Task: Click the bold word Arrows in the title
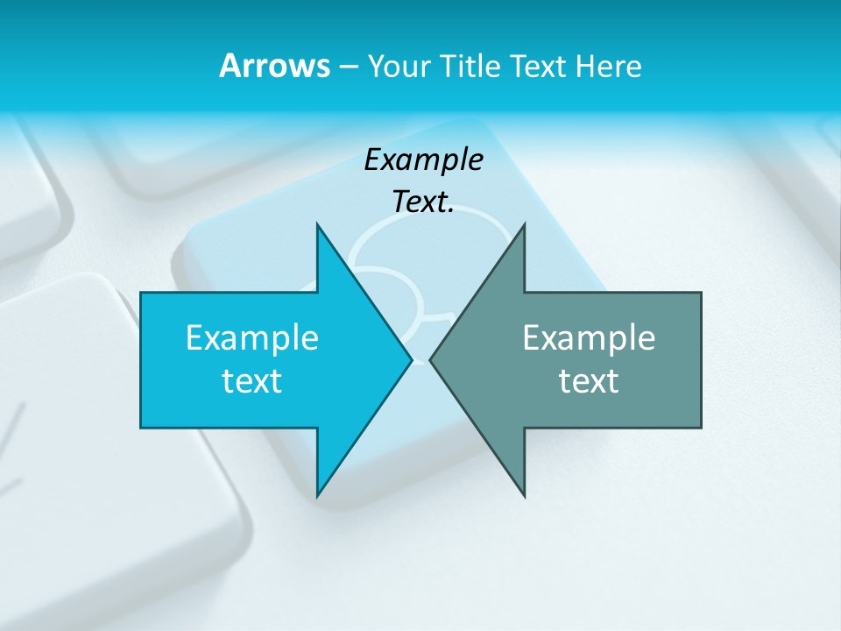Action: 274,66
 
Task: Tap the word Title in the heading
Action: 470,67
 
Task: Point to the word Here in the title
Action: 609,67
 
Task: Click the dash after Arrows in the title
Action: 348,67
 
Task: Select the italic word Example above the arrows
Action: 424,160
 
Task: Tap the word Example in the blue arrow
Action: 252,337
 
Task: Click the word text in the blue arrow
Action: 252,380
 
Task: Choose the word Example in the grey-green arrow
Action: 589,337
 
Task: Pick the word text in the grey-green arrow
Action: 589,380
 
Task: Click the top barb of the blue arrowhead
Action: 319,230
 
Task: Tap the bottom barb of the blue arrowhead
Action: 319,492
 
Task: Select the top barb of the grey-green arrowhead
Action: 522,230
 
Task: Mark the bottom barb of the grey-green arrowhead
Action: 522,492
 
